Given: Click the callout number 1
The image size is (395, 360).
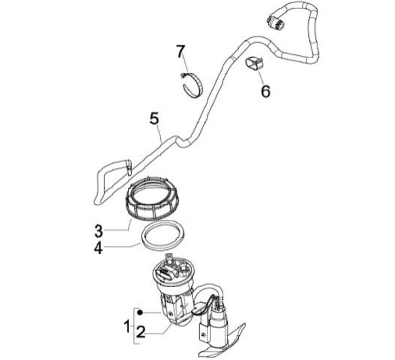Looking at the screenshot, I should click(127, 327).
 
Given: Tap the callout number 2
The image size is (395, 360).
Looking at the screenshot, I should click(141, 332).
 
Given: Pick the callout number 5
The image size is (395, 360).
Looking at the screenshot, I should click(154, 118).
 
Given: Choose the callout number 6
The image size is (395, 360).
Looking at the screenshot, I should click(266, 90).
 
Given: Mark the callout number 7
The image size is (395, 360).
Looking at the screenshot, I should click(180, 52).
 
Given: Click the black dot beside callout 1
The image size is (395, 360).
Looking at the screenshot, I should click(140, 312).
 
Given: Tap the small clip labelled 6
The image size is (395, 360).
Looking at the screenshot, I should click(253, 65).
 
